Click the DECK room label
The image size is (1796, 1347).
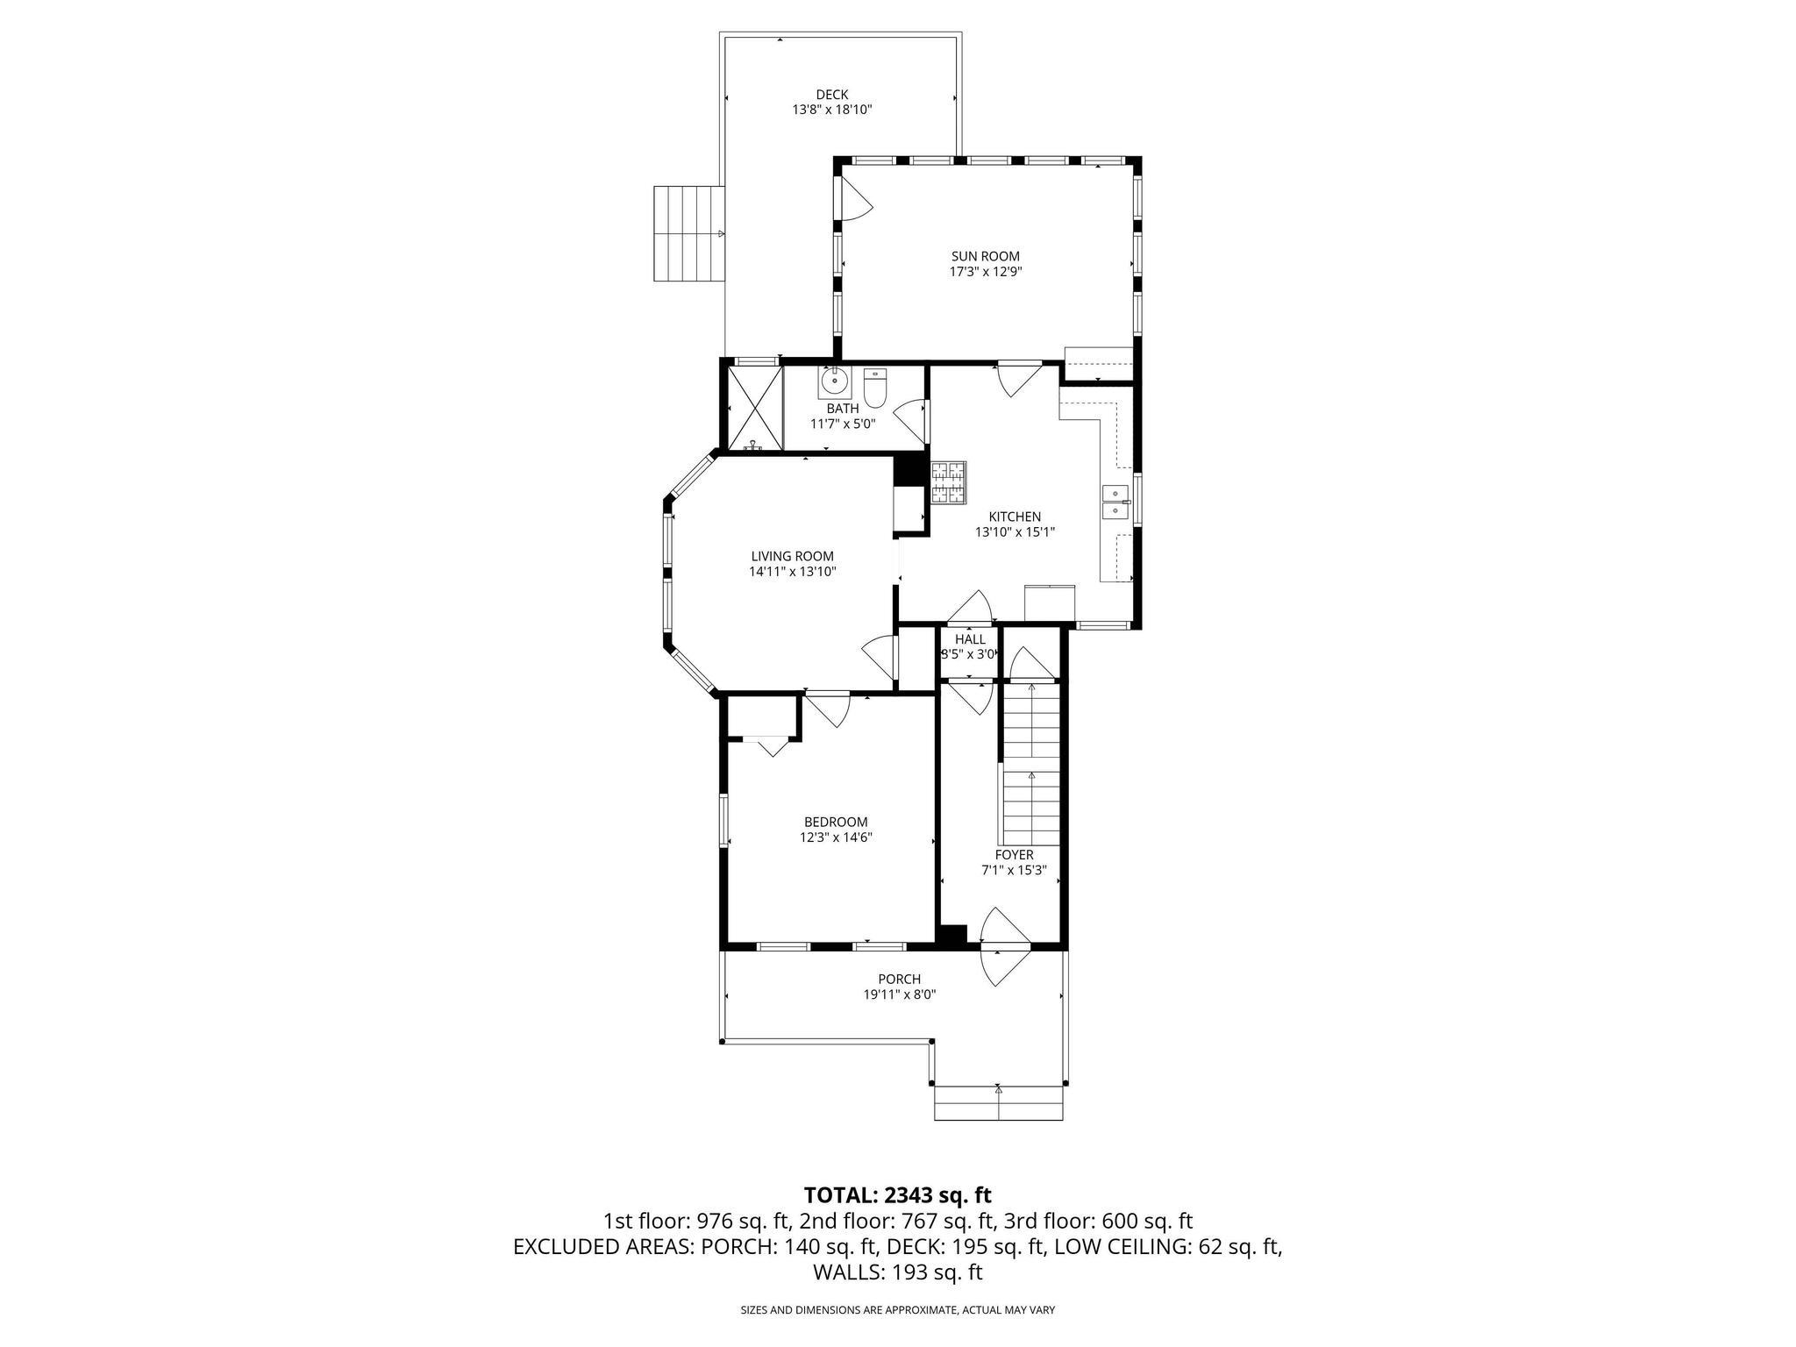coord(831,95)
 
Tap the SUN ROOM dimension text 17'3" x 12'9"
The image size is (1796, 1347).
coord(986,272)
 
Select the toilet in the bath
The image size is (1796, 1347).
coord(875,388)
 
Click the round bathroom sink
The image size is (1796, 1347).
coord(833,382)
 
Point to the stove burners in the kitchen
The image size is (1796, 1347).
coord(947,482)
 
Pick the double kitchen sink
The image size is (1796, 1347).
coord(1115,502)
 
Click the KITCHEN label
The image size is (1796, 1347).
coord(1015,517)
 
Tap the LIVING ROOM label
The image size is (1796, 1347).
coord(792,556)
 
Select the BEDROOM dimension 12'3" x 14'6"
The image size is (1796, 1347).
coord(836,837)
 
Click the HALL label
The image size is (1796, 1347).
coord(970,639)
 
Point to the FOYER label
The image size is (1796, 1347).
coord(1014,855)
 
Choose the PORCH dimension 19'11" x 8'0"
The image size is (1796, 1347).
coord(899,994)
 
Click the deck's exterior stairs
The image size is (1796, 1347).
coord(688,233)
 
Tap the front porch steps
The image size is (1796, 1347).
coord(998,1103)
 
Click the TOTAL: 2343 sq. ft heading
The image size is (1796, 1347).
coord(897,1194)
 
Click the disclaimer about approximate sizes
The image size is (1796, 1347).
coord(897,1310)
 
